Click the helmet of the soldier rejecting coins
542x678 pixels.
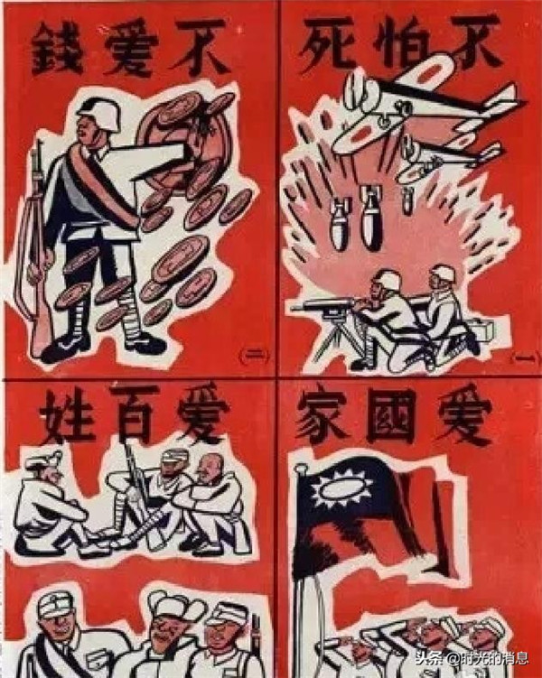pos(99,113)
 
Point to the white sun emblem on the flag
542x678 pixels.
pos(341,488)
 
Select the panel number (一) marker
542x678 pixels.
pos(525,358)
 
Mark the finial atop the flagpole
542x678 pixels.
pos(300,469)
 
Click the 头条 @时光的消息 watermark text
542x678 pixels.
pos(472,658)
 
